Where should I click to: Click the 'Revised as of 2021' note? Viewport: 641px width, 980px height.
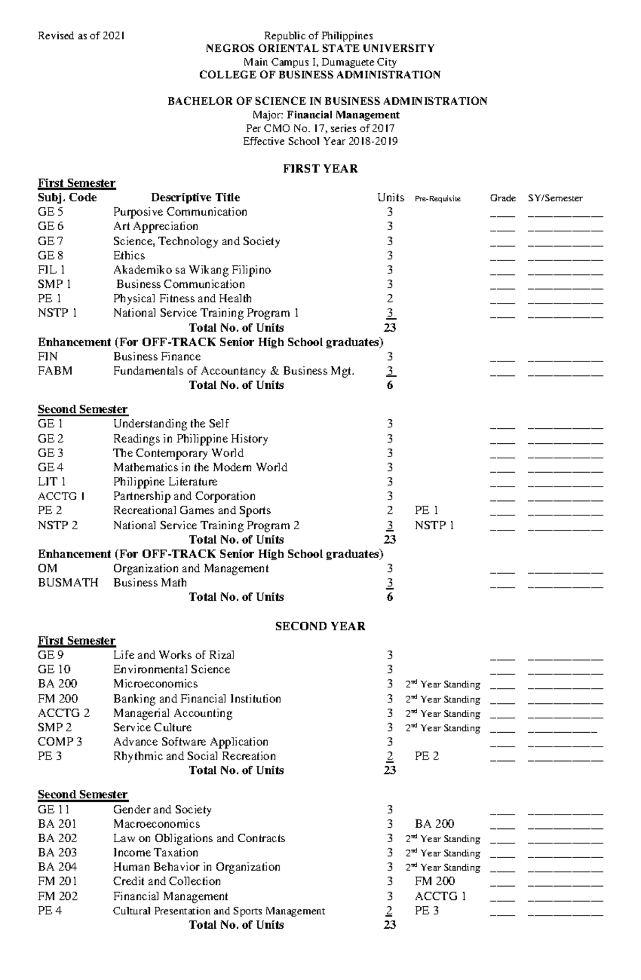click(81, 36)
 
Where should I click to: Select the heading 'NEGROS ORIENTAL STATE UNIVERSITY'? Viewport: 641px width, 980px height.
click(320, 49)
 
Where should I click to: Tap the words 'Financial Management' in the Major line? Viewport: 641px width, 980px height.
click(343, 115)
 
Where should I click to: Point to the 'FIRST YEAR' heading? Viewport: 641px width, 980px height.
click(320, 169)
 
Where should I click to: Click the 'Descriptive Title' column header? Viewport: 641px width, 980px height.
click(196, 198)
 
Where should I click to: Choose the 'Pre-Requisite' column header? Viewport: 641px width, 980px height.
click(437, 199)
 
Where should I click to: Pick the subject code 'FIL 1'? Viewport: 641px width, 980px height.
click(51, 270)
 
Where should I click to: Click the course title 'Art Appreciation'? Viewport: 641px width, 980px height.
click(155, 226)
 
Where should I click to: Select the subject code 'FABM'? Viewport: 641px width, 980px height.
click(55, 371)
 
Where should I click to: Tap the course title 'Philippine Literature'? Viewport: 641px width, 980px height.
click(165, 482)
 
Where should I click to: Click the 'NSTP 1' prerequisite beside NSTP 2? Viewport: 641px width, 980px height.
click(434, 526)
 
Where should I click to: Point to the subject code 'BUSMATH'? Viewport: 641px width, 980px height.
click(68, 583)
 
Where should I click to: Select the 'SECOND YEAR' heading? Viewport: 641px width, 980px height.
click(320, 626)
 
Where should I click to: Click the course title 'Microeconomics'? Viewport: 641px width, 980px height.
click(155, 684)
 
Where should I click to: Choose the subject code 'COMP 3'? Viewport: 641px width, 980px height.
click(60, 742)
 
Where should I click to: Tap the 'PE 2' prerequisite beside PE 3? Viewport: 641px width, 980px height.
click(427, 756)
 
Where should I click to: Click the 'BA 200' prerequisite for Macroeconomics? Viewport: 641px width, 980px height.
click(434, 824)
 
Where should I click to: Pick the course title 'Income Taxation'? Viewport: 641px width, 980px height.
click(155, 853)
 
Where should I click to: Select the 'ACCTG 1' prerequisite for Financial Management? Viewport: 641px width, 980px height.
click(440, 896)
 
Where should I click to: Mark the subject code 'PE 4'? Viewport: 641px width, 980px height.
click(50, 911)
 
